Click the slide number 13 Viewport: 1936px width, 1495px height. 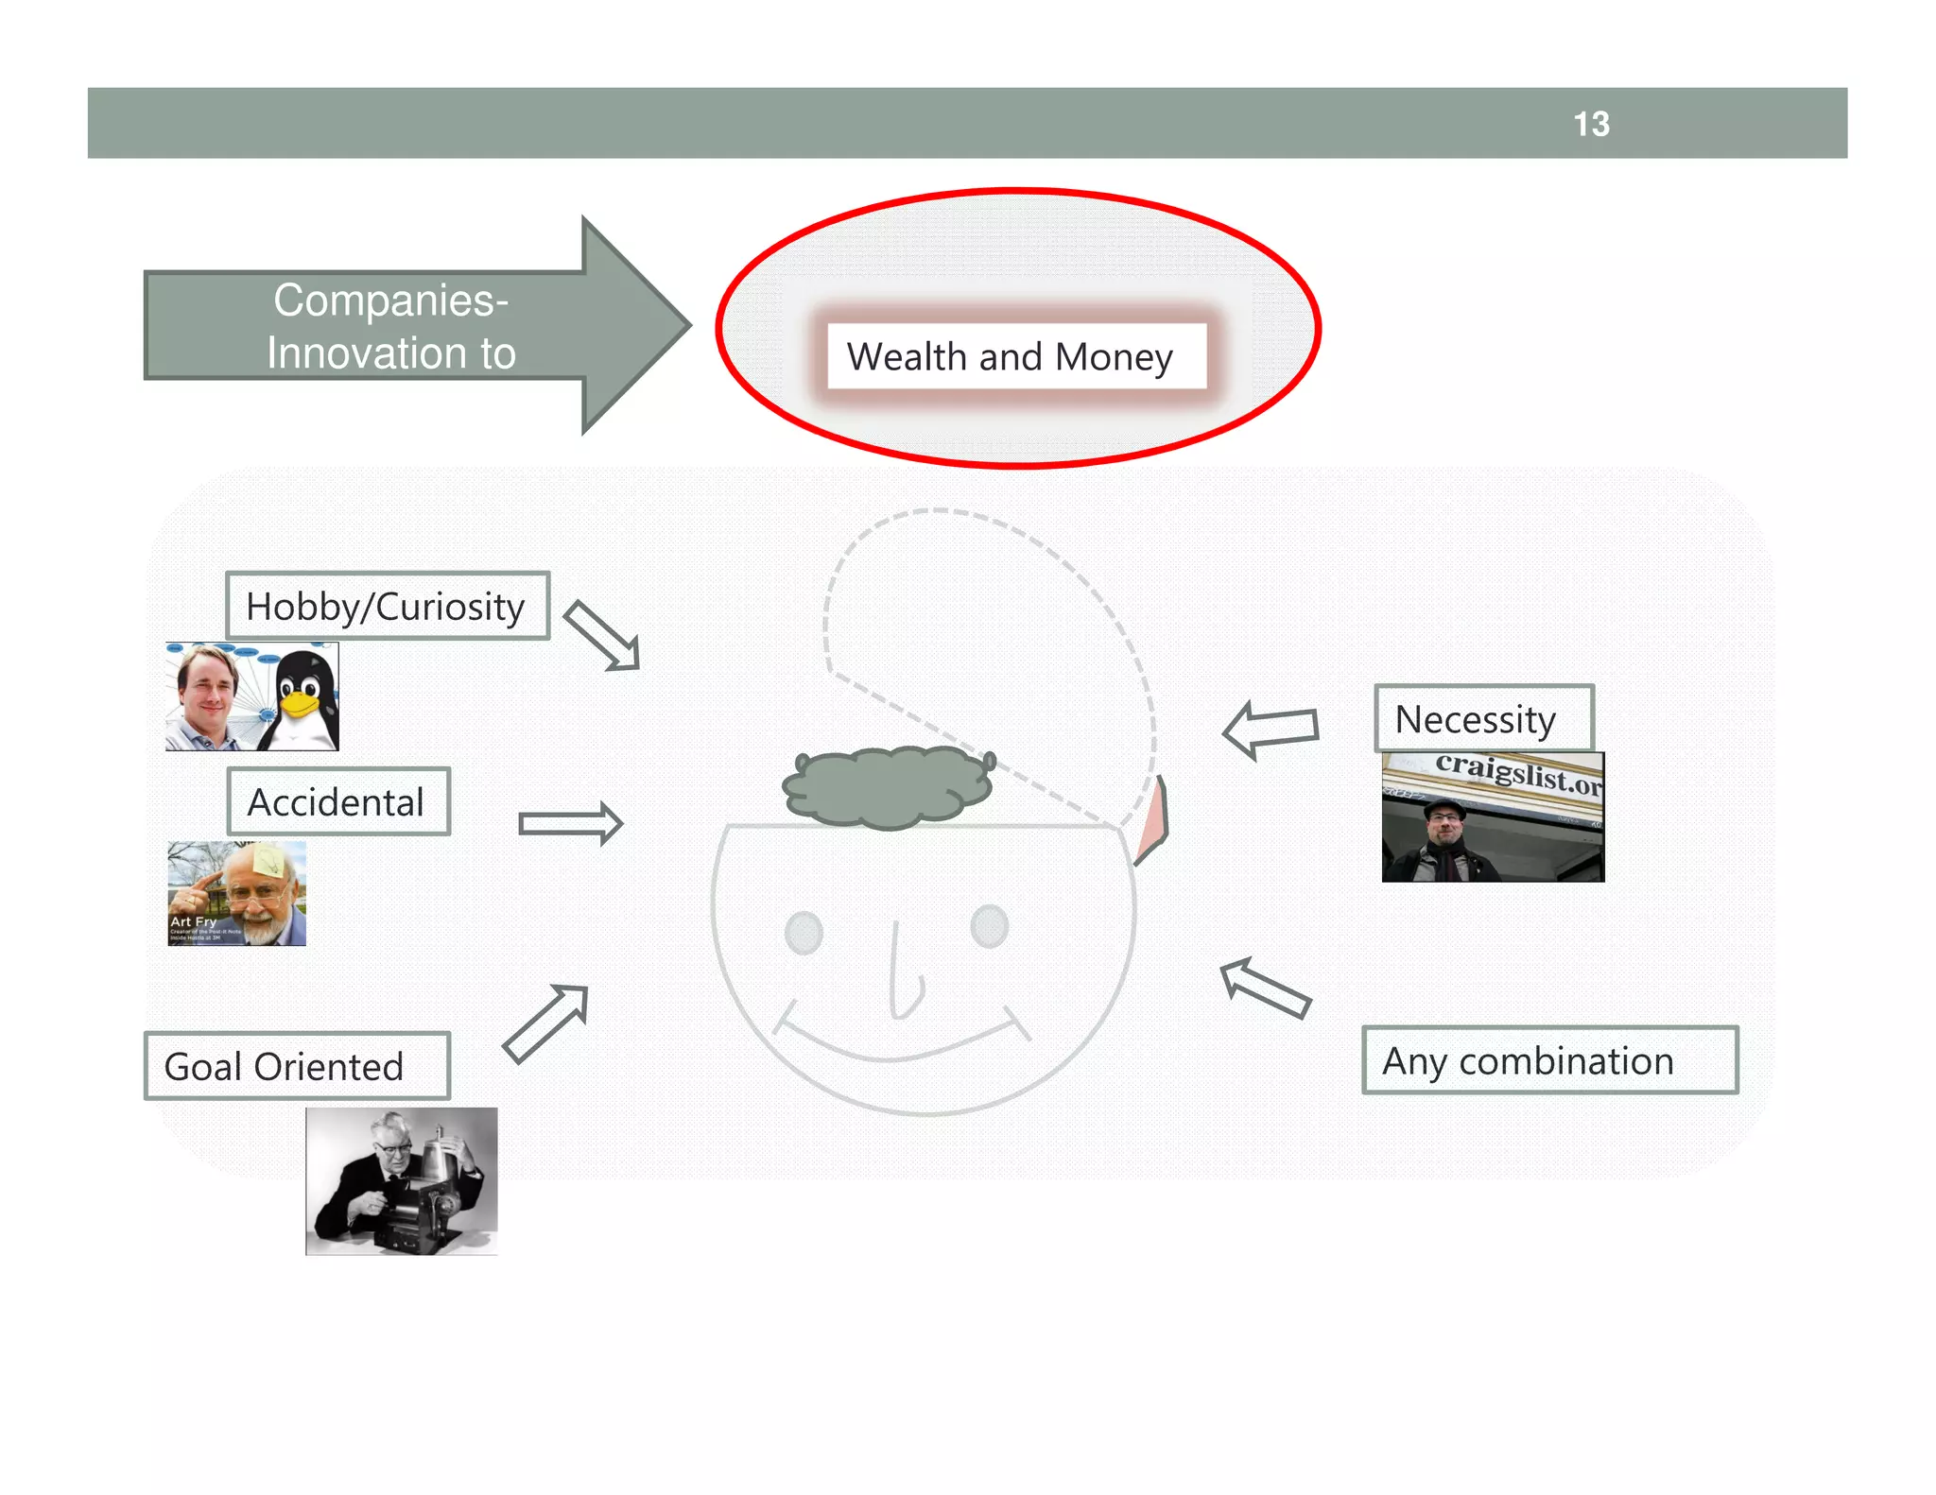point(1591,124)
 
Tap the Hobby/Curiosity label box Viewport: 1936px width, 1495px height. point(388,606)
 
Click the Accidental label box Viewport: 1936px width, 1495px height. point(338,801)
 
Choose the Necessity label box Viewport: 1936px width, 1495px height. point(1483,719)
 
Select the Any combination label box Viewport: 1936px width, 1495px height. point(1549,1060)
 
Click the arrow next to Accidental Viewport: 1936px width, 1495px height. point(571,823)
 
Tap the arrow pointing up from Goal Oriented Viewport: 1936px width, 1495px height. point(546,1023)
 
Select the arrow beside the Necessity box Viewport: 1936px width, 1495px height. point(1270,729)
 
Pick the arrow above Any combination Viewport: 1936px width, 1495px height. point(1265,988)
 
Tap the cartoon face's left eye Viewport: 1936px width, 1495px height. point(804,933)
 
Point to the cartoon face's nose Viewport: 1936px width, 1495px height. point(903,983)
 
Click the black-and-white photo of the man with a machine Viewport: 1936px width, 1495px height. point(402,1181)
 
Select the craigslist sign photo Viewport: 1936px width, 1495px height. point(1493,817)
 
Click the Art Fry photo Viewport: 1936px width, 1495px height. point(237,894)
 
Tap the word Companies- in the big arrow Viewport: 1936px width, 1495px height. point(390,301)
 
